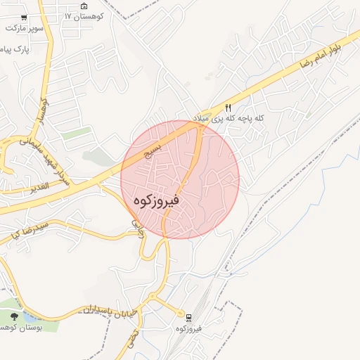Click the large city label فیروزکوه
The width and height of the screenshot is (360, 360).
[x=155, y=200]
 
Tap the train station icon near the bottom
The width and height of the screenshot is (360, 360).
[x=188, y=317]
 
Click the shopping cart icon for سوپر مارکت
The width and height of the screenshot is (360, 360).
[x=25, y=18]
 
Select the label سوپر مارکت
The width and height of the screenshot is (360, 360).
[x=25, y=28]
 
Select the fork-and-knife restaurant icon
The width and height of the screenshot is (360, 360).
[x=229, y=108]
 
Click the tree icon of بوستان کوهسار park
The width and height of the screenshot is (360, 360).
[x=13, y=316]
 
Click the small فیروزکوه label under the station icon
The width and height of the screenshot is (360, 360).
[x=189, y=328]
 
